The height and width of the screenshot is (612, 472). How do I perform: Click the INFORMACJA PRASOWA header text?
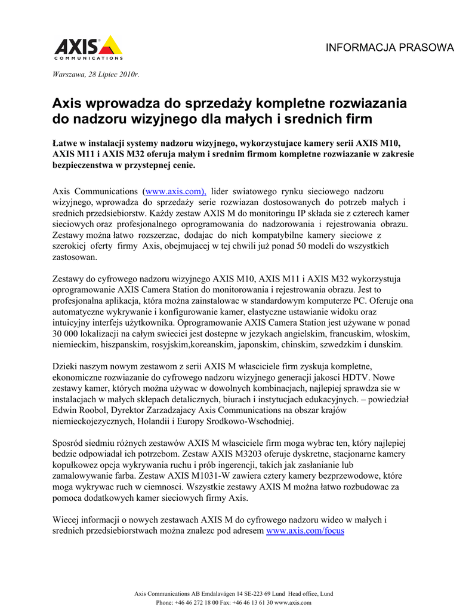coord(389,48)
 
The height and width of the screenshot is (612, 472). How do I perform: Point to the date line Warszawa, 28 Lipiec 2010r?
coord(95,74)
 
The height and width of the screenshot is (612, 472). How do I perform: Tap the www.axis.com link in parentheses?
coord(175,191)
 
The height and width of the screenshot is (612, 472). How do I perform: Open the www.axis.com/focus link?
coord(305,530)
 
